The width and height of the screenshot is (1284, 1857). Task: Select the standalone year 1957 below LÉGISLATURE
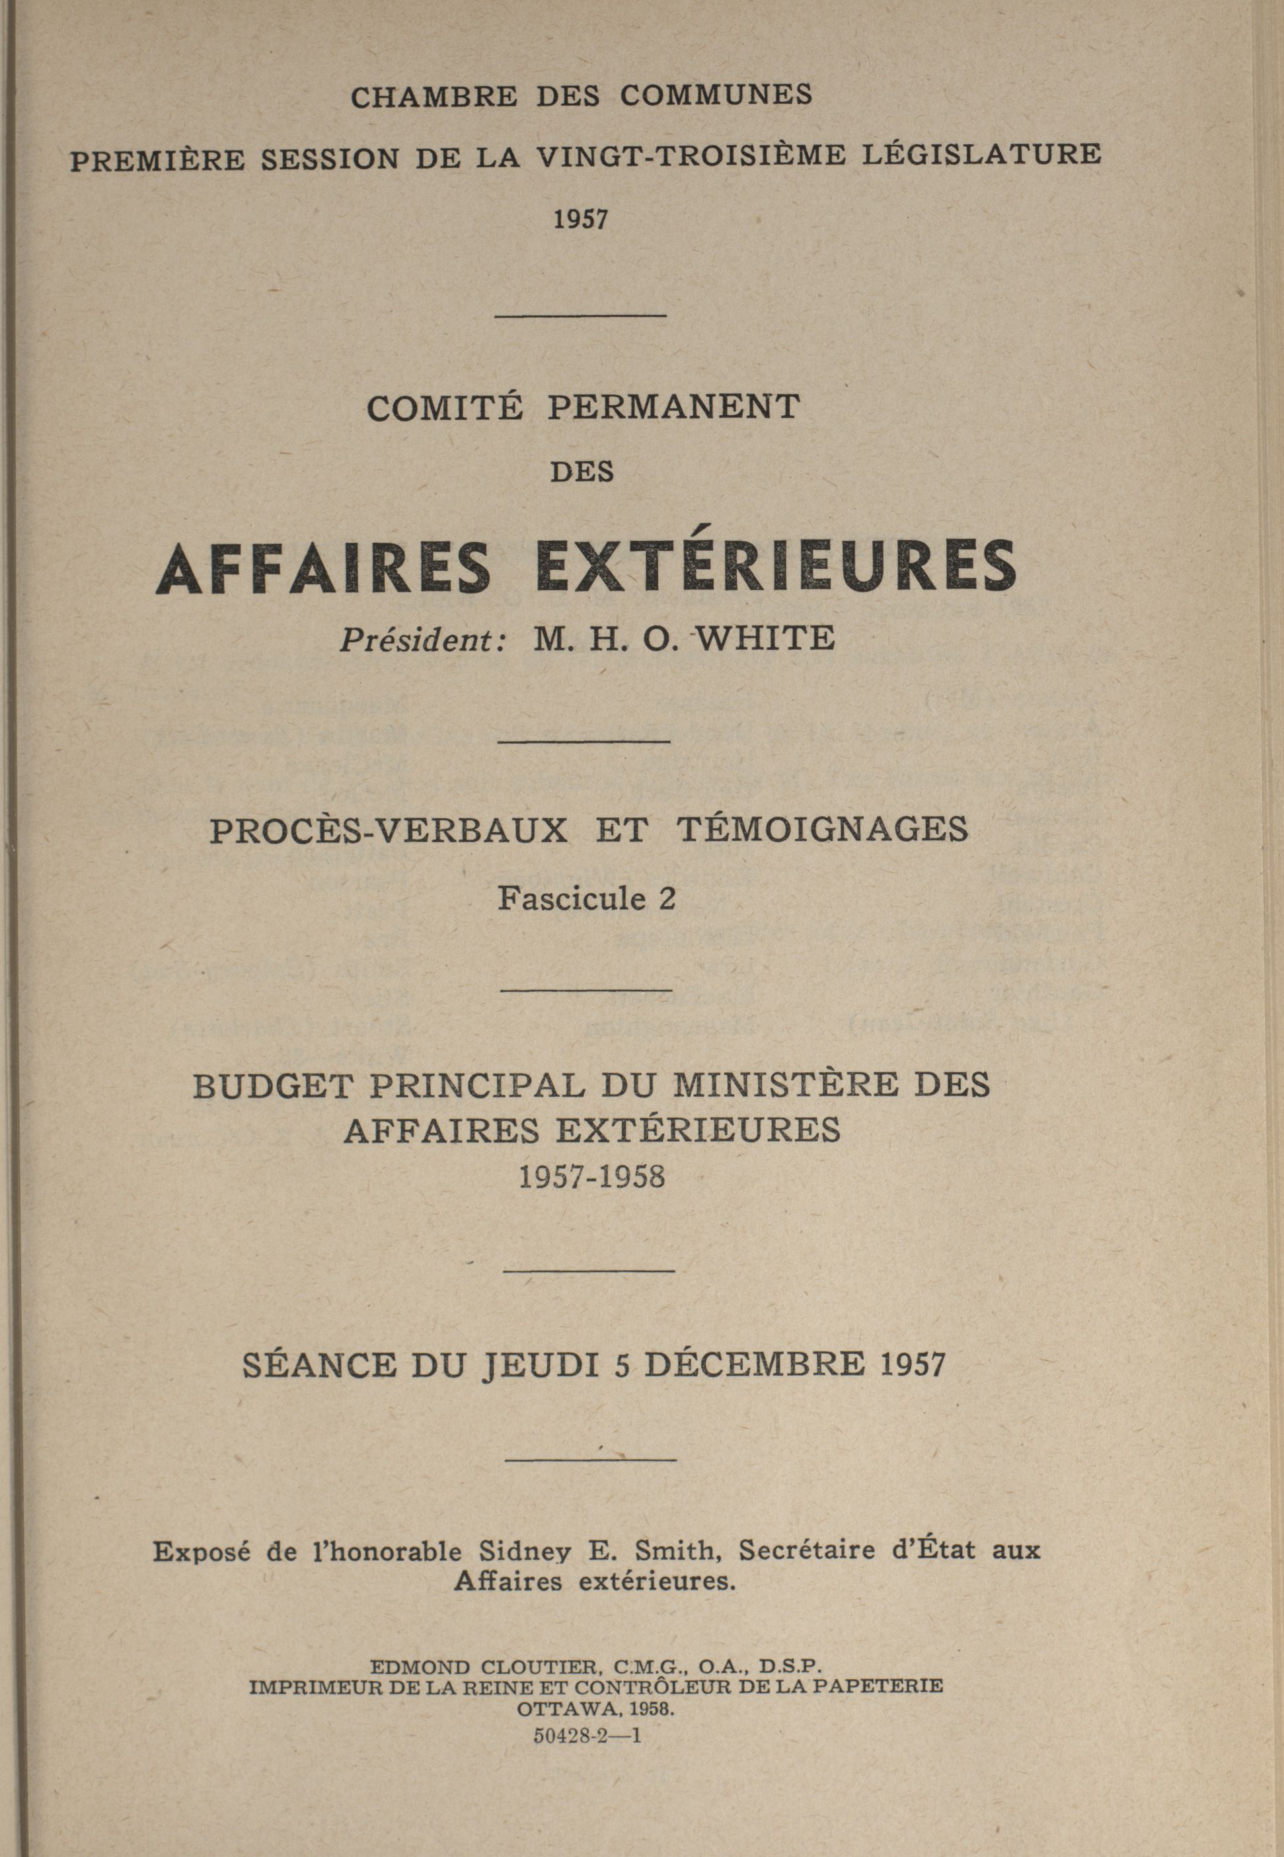click(x=580, y=219)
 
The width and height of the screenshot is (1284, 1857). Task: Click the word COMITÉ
click(x=445, y=407)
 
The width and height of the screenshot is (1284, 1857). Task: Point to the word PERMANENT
click(x=673, y=407)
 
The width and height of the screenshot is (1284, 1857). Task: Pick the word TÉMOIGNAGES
click(x=824, y=830)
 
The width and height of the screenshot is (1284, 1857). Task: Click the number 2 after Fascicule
click(x=666, y=898)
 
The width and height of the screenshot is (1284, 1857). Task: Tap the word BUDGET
click(x=273, y=1087)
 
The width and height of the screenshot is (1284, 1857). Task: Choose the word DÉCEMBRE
click(x=755, y=1364)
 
